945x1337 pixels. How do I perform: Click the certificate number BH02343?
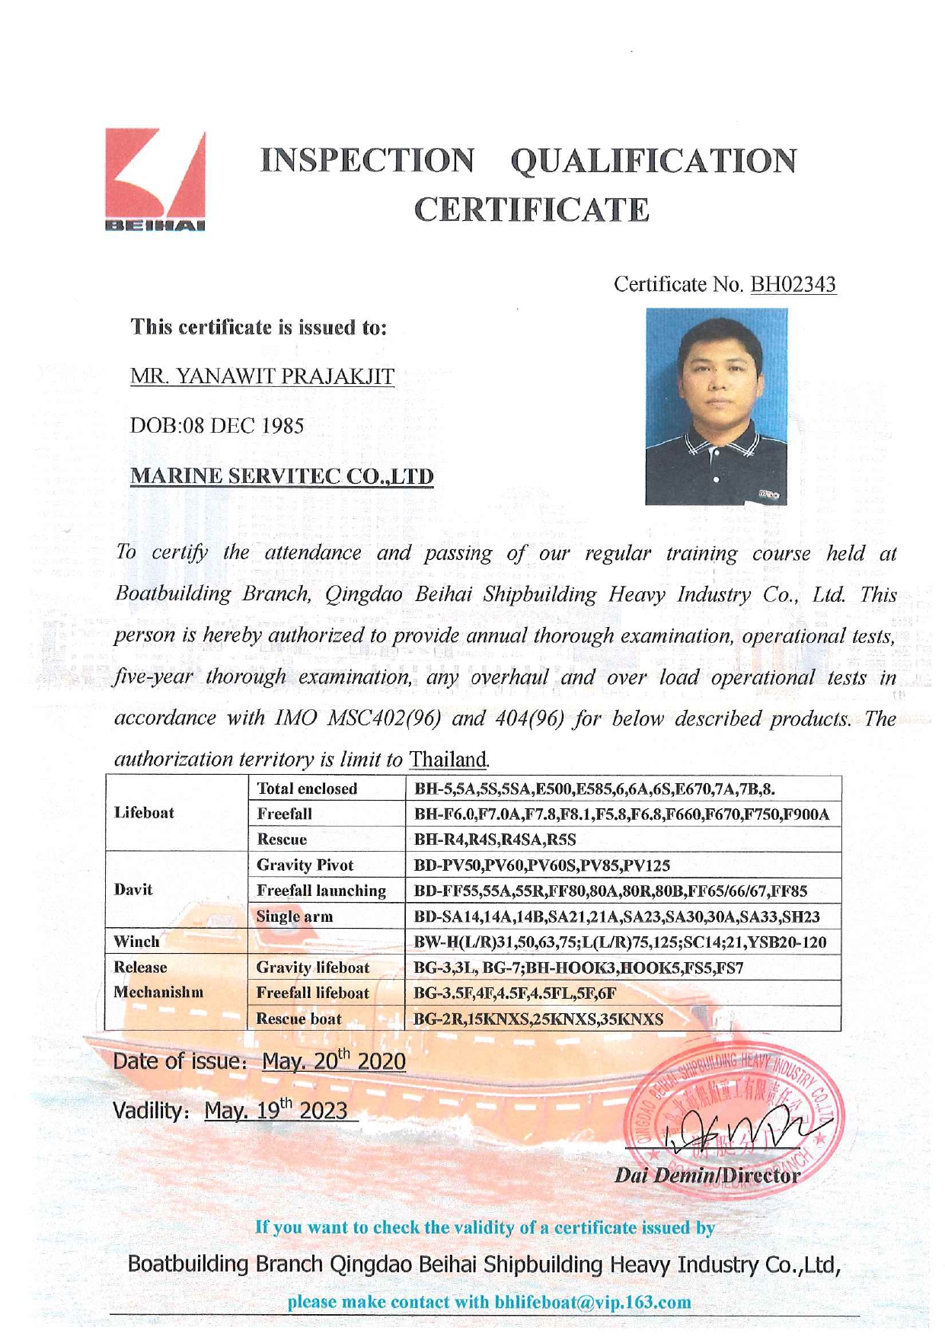793,285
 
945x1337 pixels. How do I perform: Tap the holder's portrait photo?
716,406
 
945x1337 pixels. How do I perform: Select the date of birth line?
217,426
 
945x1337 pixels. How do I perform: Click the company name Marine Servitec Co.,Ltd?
282,476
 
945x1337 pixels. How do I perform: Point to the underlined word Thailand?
448,759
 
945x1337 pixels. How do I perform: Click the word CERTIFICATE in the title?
532,210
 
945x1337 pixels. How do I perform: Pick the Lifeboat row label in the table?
145,813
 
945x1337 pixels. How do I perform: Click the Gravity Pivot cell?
305,865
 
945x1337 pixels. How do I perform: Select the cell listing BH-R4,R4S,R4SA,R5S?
495,840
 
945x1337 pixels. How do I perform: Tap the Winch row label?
137,942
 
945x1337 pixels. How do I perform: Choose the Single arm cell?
295,916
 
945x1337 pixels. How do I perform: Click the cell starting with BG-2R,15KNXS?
538,1019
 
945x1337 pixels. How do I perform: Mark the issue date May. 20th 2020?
334,1061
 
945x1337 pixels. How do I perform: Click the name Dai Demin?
664,1175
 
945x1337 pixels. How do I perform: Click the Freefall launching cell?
321,891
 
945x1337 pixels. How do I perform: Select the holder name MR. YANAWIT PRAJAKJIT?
263,376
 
